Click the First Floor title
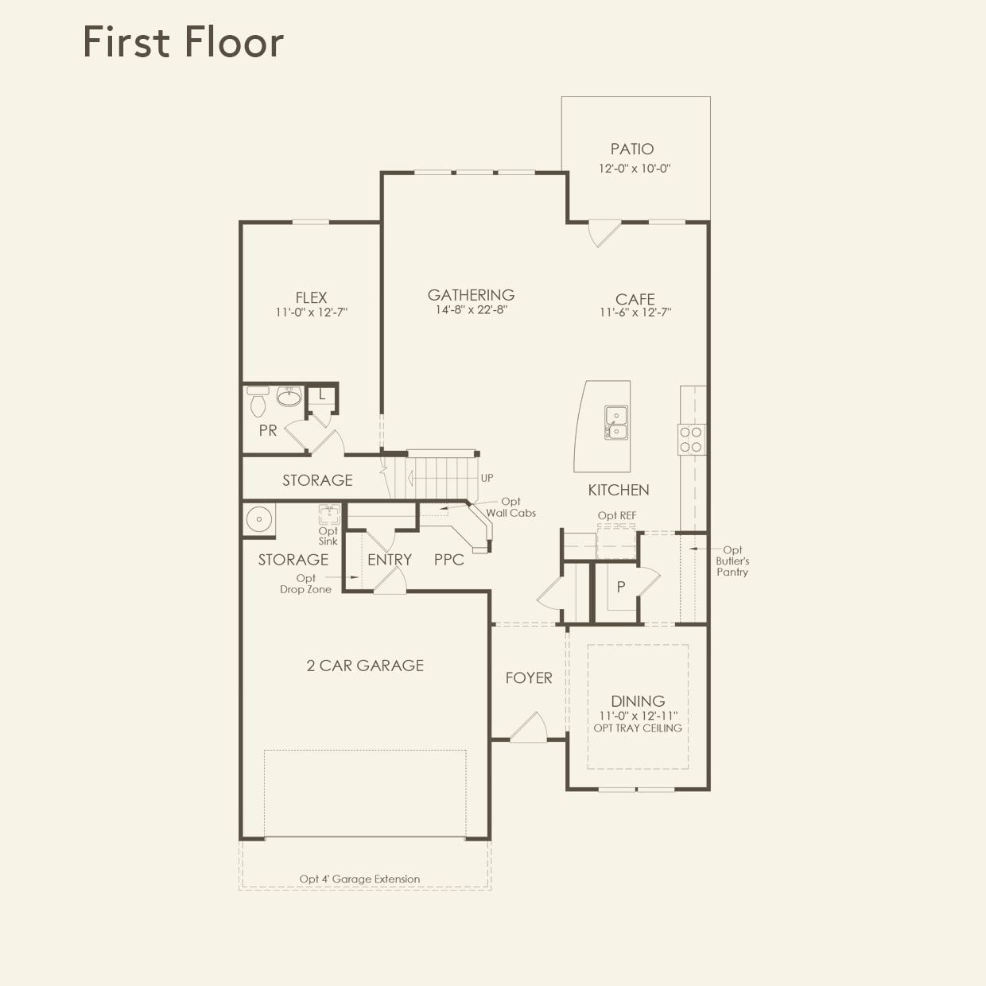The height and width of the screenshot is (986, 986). (x=183, y=42)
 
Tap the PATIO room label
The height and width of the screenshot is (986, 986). (x=632, y=149)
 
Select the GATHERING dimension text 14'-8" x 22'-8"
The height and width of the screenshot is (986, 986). (x=471, y=310)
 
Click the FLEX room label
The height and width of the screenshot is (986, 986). (x=311, y=297)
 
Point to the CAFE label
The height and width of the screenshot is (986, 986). (x=635, y=299)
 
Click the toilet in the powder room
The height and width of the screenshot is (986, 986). (x=258, y=403)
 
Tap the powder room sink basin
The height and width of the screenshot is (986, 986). (x=289, y=397)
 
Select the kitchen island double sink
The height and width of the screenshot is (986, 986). (x=615, y=423)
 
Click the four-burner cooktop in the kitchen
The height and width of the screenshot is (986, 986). (x=691, y=440)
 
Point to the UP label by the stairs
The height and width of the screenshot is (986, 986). (x=487, y=478)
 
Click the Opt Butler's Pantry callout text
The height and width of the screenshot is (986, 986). (x=732, y=561)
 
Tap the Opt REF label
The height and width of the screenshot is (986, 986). (x=617, y=515)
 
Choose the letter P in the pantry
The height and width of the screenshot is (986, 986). (x=621, y=587)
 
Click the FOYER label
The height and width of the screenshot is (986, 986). (x=529, y=677)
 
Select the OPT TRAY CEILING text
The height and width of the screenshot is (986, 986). (x=638, y=728)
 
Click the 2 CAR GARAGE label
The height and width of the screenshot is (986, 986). (x=365, y=666)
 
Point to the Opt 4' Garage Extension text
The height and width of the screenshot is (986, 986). (x=359, y=879)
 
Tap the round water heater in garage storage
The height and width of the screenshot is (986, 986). (x=258, y=520)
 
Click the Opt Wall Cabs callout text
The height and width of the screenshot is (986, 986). (x=510, y=507)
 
